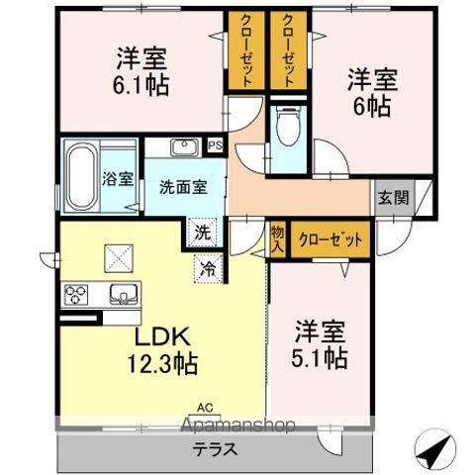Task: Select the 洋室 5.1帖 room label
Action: click(x=320, y=342)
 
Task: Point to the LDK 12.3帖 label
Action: click(x=159, y=348)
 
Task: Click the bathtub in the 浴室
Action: click(x=81, y=176)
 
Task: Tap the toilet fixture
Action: click(x=287, y=123)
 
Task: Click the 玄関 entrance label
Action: click(x=392, y=196)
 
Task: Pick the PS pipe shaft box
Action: click(x=215, y=146)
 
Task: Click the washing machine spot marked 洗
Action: click(x=201, y=236)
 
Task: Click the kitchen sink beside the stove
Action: click(x=123, y=294)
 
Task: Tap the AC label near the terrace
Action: click(x=204, y=406)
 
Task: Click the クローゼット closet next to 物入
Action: click(x=330, y=238)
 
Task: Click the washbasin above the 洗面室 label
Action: click(x=185, y=147)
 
